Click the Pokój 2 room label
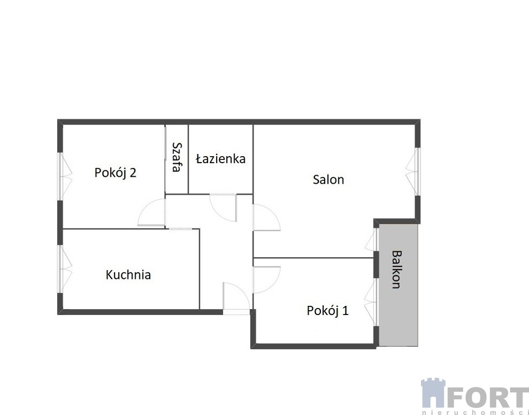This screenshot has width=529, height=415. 116,172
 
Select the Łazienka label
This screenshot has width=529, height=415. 220,158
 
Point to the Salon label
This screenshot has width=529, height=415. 329,179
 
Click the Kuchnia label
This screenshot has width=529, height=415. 128,275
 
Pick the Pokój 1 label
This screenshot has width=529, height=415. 327,310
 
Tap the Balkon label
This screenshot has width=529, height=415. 397,269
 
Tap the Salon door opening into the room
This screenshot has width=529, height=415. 266,218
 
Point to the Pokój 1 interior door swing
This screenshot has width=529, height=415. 266,280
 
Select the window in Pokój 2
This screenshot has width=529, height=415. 65,176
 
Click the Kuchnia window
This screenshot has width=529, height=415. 65,269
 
